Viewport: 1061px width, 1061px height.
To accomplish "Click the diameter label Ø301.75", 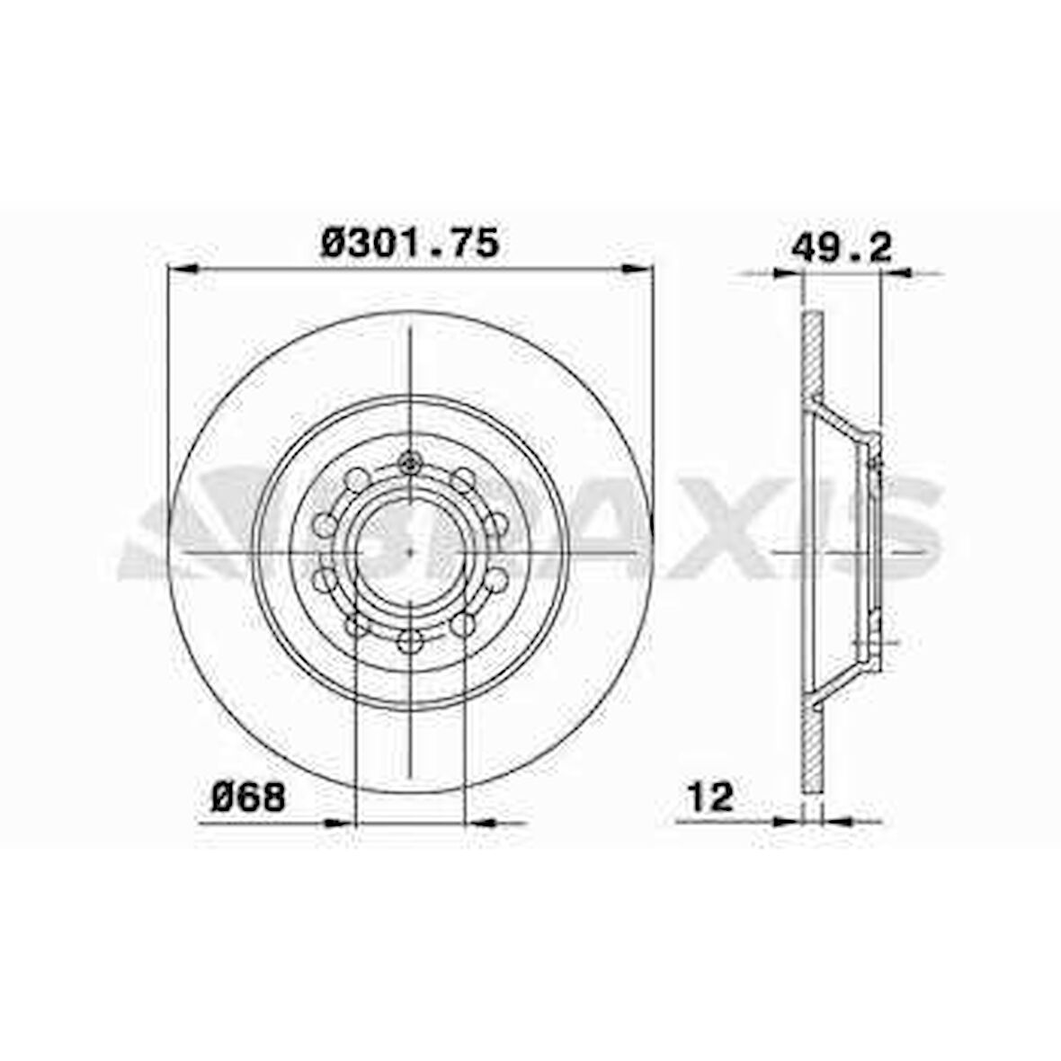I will pyautogui.click(x=409, y=244).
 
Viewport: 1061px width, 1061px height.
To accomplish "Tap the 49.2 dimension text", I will pyautogui.click(x=842, y=247).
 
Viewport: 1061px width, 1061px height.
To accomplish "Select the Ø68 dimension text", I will pyautogui.click(x=248, y=797).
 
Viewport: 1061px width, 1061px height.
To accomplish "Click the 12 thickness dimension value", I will pyautogui.click(x=710, y=797).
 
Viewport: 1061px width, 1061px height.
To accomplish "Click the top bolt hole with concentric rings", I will pyautogui.click(x=410, y=464).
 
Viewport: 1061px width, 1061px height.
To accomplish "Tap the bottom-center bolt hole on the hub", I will pyautogui.click(x=410, y=640).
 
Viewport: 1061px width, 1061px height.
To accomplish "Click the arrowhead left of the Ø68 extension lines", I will pyautogui.click(x=339, y=822).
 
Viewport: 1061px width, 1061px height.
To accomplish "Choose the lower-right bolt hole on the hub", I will pyautogui.click(x=463, y=624).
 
